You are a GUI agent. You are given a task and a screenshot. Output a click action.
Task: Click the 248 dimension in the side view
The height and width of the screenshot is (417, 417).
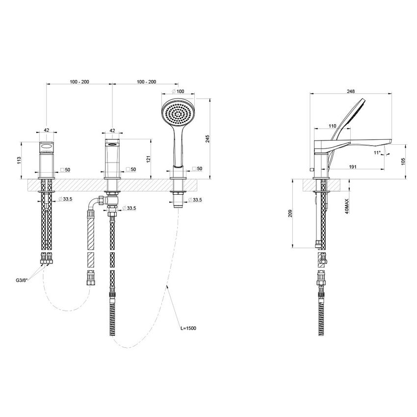[351, 91]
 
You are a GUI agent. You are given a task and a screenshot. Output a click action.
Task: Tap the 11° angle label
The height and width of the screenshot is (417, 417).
[377, 153]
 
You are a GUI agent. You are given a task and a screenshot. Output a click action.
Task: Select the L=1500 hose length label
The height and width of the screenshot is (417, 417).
[188, 328]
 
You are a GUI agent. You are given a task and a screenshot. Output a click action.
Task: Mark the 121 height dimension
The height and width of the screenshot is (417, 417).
[147, 158]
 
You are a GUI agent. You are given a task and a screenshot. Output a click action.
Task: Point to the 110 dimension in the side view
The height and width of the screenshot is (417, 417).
[333, 126]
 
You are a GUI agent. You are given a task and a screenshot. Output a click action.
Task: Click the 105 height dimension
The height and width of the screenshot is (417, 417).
[403, 161]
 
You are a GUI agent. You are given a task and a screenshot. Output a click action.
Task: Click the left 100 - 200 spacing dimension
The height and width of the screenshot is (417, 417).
[79, 81]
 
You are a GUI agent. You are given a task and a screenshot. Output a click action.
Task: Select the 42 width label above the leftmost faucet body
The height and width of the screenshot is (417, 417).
[47, 130]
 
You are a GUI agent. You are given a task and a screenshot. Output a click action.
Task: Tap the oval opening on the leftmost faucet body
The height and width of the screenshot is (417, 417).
[47, 146]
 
